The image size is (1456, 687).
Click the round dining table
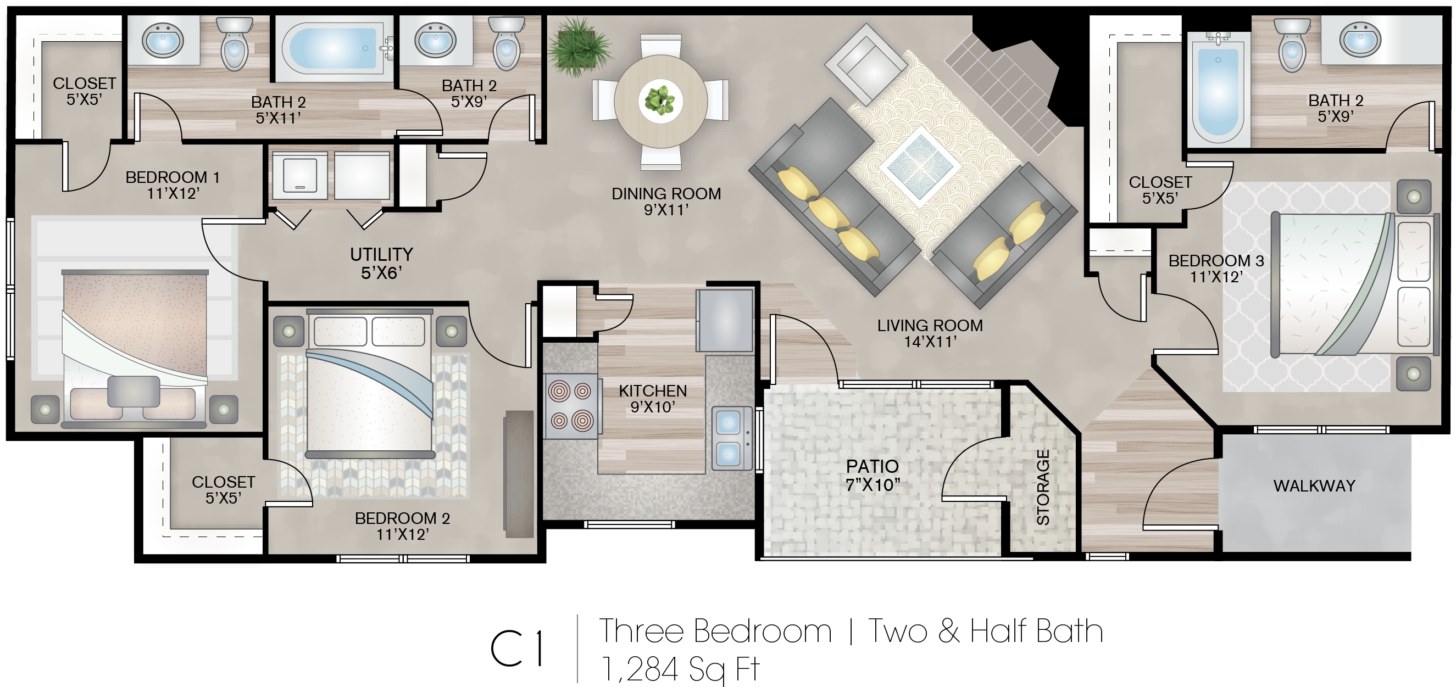tap(660, 101)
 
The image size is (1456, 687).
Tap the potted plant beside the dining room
tap(579, 46)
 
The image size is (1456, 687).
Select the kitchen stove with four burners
tap(571, 406)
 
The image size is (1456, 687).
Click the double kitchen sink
tap(731, 438)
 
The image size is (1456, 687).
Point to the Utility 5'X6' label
tap(381, 264)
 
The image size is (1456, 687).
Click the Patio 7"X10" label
tap(873, 475)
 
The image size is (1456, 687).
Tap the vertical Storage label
tap(1043, 487)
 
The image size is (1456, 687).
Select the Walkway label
tap(1314, 486)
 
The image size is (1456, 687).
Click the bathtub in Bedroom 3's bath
tap(1218, 86)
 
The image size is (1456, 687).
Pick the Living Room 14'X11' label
tap(930, 333)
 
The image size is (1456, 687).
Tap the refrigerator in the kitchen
tap(725, 320)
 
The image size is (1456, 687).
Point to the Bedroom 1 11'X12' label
tap(173, 185)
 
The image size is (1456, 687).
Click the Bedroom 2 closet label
tap(223, 489)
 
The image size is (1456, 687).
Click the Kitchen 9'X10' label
tap(653, 399)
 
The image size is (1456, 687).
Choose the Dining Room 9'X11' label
tap(666, 202)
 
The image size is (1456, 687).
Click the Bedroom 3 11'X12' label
tap(1216, 269)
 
